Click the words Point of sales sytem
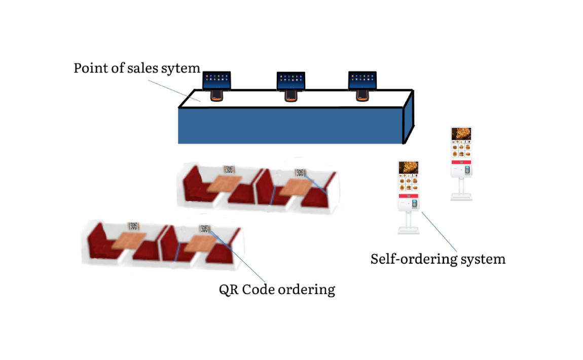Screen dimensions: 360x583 point(137,68)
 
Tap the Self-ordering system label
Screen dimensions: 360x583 point(438,259)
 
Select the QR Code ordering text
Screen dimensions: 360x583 point(277,290)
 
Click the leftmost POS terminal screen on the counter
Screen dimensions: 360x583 point(216,80)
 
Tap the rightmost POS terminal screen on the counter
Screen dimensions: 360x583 point(362,80)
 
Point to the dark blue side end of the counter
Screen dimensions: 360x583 point(409,117)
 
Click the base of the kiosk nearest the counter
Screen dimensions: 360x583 point(461,196)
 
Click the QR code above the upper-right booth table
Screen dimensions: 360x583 point(300,172)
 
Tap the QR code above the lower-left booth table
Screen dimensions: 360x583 point(133,226)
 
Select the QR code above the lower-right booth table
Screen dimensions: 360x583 point(204,229)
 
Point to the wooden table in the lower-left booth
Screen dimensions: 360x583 point(129,240)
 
